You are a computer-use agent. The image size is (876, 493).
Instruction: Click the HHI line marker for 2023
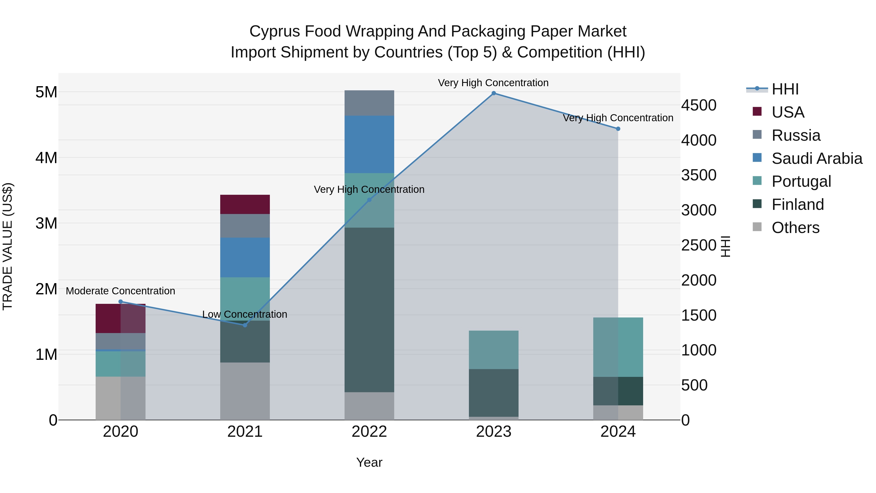pos(493,93)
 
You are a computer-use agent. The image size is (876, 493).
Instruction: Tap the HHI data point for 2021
pos(245,325)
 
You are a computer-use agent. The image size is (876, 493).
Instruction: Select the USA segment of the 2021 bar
pos(245,205)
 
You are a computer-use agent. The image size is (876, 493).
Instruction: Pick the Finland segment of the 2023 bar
pos(493,393)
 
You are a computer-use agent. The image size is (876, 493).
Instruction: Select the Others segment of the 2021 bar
pos(245,391)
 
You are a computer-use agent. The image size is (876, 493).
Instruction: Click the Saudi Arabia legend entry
pos(816,158)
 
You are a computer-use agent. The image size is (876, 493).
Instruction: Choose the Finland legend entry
pos(797,205)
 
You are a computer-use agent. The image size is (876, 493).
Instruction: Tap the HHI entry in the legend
pos(785,89)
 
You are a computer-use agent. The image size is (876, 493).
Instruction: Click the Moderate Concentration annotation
pos(120,291)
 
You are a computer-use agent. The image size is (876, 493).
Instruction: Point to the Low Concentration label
pos(245,314)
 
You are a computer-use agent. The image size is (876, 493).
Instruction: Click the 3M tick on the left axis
pos(46,223)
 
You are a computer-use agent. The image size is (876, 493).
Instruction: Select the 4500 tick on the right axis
pos(698,105)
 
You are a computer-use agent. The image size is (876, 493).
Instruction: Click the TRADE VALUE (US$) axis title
pos(8,246)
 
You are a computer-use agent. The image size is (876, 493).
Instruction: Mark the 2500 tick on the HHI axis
pos(698,245)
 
